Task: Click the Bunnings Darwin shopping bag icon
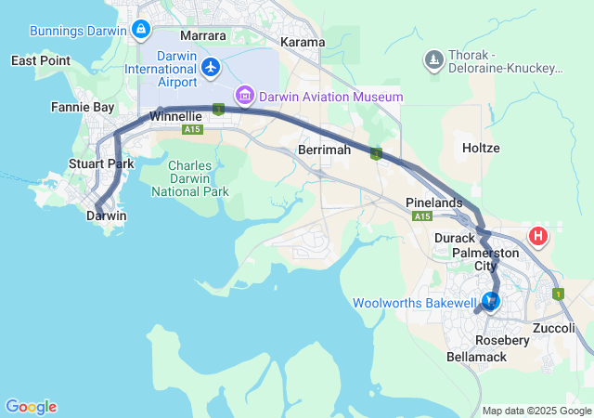[x=140, y=30]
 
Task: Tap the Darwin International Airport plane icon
[x=211, y=67]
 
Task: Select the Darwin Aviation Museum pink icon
[x=245, y=95]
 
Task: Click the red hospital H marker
[x=537, y=236]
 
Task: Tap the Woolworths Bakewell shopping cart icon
[x=489, y=301]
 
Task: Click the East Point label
[x=41, y=60]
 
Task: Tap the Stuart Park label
[x=101, y=163]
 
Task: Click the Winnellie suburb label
[x=175, y=117]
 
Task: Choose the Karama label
[x=303, y=43]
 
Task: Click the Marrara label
[x=203, y=35]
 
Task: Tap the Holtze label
[x=481, y=148]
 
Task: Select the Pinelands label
[x=434, y=202]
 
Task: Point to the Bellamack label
[x=476, y=357]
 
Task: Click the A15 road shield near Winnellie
[x=192, y=130]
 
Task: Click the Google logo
[x=31, y=407]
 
